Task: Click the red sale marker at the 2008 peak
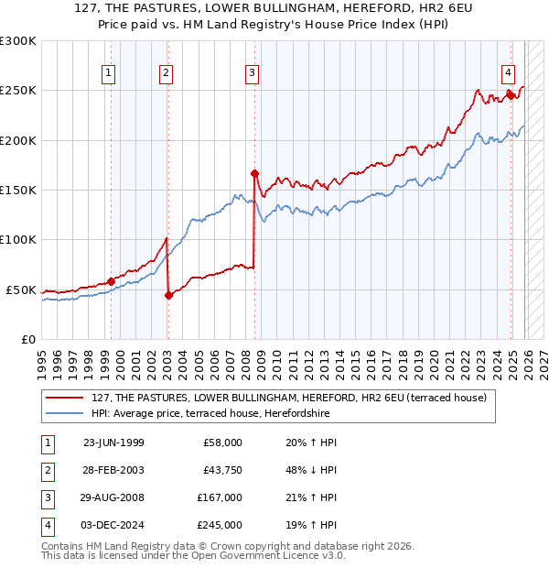click(x=255, y=173)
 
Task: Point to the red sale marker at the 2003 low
click(x=168, y=295)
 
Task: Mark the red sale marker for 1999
click(x=111, y=281)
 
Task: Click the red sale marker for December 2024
click(x=511, y=95)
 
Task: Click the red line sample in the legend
click(x=66, y=399)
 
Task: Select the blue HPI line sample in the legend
click(x=66, y=413)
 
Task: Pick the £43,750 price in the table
click(x=220, y=469)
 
